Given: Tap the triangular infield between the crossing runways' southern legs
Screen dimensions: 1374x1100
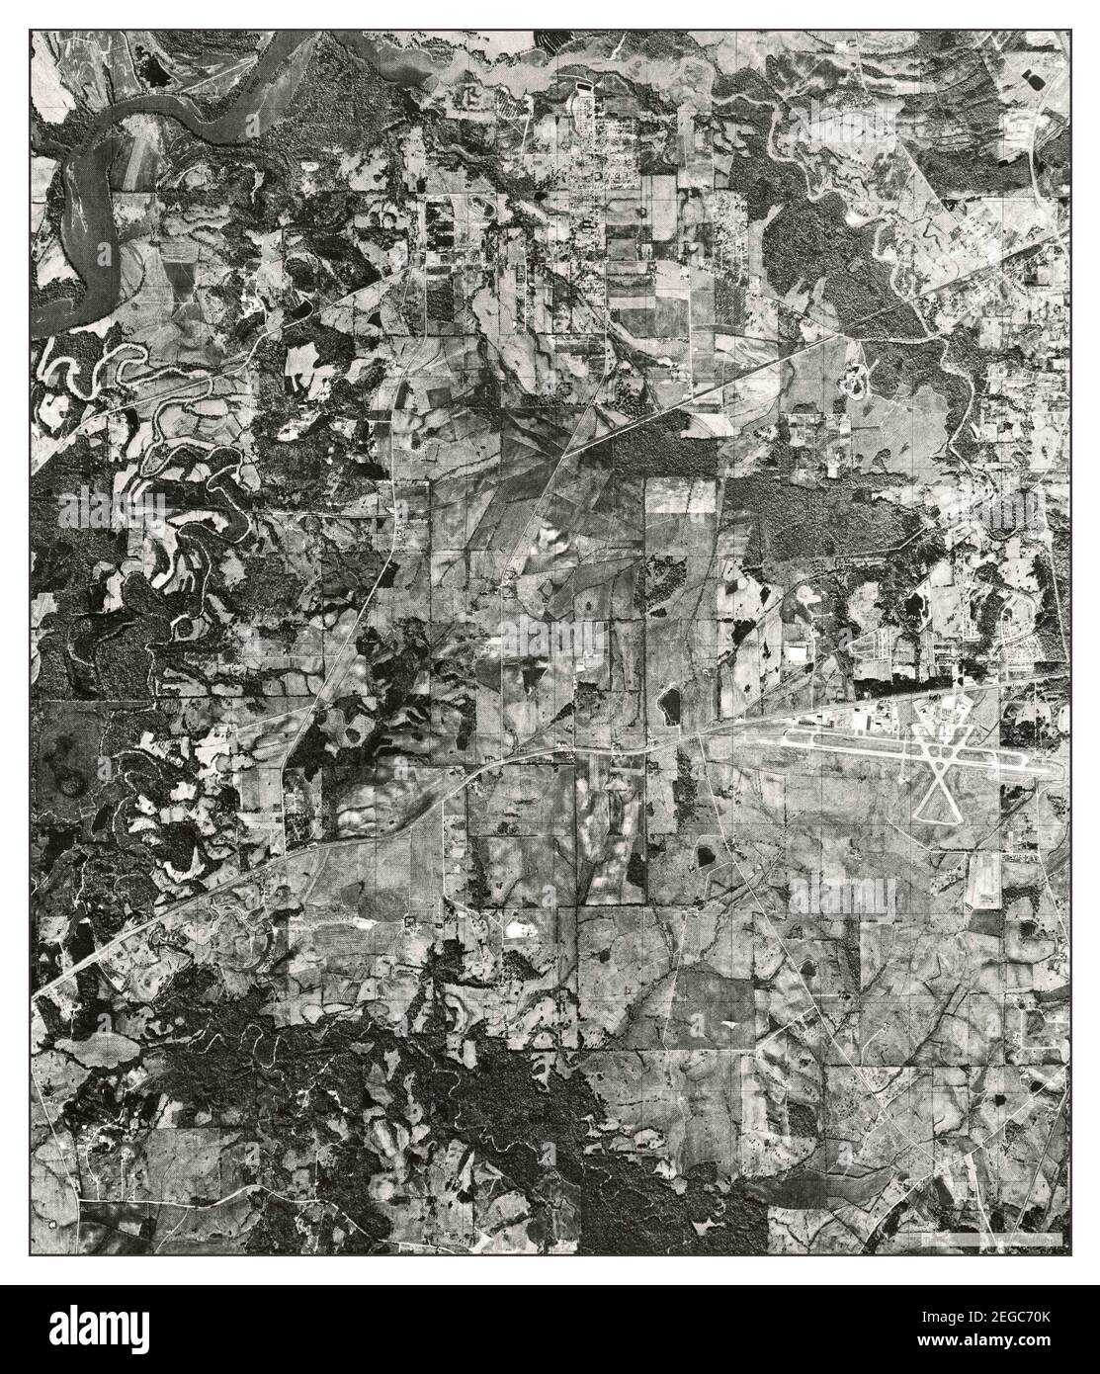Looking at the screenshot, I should (x=940, y=801).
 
